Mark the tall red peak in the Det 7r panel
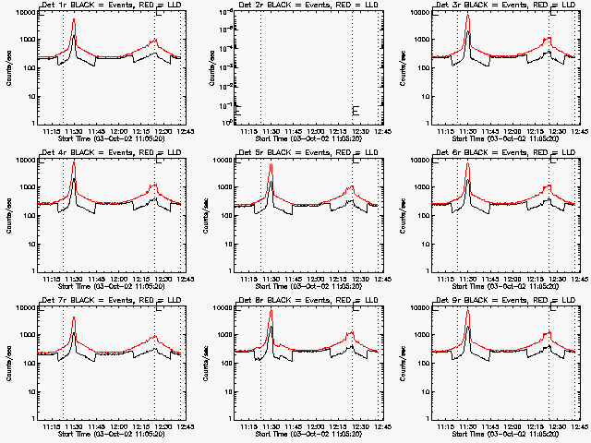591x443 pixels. [74, 318]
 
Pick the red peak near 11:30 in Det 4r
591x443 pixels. [74, 163]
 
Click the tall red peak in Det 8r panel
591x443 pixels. [271, 311]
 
